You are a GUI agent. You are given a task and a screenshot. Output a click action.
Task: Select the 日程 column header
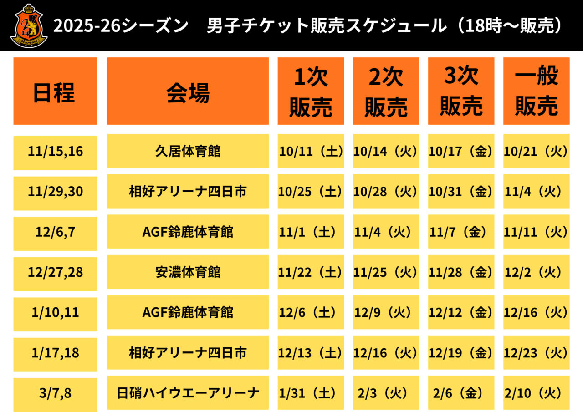(x=55, y=91)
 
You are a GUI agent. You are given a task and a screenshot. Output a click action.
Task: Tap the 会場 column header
(x=188, y=91)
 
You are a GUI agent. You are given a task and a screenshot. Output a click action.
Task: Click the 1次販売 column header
(x=311, y=91)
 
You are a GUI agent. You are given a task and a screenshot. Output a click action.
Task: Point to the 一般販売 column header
(x=536, y=91)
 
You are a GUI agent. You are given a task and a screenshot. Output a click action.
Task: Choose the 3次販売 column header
(x=461, y=91)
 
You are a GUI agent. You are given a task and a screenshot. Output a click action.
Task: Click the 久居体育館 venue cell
(x=188, y=151)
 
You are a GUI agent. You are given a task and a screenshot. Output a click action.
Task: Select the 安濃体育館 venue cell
(x=188, y=272)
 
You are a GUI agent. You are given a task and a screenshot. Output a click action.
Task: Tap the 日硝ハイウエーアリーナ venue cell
(x=188, y=393)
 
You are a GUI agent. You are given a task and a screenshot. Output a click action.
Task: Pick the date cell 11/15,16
(x=55, y=152)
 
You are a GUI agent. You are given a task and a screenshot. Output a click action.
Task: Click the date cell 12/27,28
(x=55, y=273)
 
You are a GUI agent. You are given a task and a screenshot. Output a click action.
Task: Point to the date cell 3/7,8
(x=55, y=393)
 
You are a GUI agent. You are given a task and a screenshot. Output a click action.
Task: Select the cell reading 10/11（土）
(x=311, y=151)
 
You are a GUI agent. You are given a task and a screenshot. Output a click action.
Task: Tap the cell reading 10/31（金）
(x=461, y=192)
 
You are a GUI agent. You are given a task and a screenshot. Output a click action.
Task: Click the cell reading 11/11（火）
(x=536, y=232)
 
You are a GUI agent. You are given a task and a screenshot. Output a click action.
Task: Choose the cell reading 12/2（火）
(x=536, y=272)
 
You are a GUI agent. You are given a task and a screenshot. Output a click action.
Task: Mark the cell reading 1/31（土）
(x=311, y=393)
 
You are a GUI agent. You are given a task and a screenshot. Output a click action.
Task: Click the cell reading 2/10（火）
(x=536, y=393)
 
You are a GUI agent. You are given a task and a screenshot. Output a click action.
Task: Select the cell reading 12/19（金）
(x=461, y=353)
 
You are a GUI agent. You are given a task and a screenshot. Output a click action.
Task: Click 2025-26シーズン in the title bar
(x=121, y=26)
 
